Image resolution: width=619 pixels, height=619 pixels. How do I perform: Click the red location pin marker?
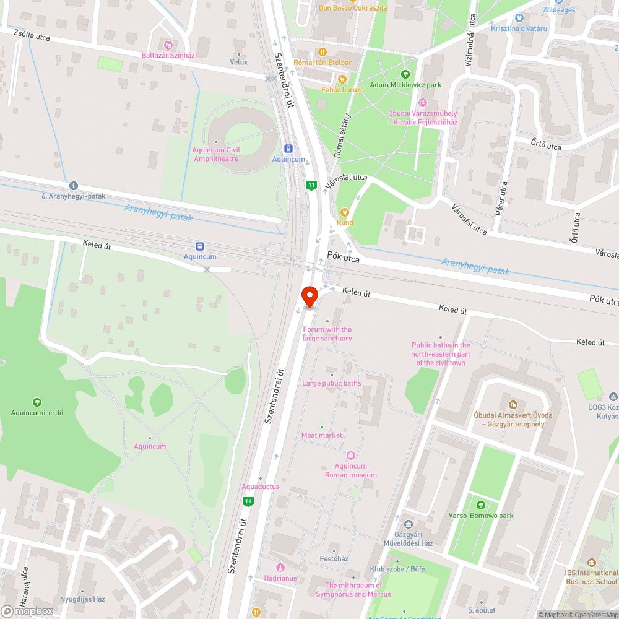[310, 295]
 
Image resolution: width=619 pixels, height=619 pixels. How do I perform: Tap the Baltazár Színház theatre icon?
[168, 45]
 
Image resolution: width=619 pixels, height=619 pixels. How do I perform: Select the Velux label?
[238, 62]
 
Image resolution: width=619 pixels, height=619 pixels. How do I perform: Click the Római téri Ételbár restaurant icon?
[321, 52]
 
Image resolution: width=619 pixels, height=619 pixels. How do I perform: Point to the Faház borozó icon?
[341, 79]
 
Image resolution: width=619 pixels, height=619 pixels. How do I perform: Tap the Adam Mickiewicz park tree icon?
[405, 74]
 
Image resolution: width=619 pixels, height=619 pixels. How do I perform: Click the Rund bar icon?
[345, 212]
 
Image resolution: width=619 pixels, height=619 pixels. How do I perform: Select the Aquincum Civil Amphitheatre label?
[216, 154]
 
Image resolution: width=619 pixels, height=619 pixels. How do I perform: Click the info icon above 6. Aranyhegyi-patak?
[74, 185]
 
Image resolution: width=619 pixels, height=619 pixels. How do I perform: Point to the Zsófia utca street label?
[32, 37]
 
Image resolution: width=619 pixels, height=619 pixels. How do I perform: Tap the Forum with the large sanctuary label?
[327, 334]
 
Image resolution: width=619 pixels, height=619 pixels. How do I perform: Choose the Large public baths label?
[331, 383]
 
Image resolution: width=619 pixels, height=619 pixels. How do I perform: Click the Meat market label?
[322, 435]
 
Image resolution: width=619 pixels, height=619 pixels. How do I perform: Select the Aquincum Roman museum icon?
[351, 456]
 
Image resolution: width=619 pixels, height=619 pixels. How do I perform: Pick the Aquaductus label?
[261, 487]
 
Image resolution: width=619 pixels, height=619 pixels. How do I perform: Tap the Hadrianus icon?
[280, 567]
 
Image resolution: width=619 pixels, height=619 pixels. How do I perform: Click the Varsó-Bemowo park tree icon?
[481, 504]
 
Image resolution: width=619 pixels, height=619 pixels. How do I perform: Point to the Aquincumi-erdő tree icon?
[37, 402]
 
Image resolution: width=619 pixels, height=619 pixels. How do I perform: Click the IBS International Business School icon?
[591, 563]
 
